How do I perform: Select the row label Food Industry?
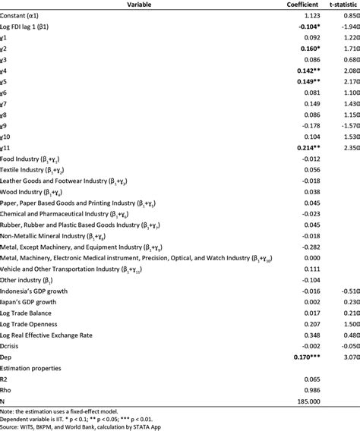(x=35, y=160)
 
